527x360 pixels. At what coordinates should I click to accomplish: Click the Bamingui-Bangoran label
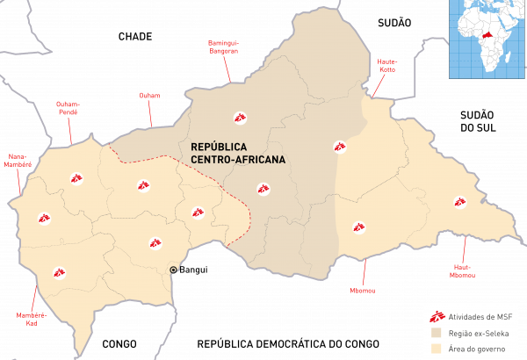click(x=224, y=46)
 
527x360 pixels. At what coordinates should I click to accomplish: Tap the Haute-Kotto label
click(x=387, y=66)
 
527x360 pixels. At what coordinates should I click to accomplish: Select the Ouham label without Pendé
click(x=149, y=95)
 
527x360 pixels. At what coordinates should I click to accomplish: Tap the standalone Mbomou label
click(x=362, y=290)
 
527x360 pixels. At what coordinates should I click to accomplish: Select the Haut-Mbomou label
click(x=464, y=270)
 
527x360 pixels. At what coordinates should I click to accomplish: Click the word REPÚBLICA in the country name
click(x=219, y=146)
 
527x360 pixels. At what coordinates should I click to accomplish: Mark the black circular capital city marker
click(x=174, y=270)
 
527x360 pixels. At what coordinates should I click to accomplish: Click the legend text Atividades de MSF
click(x=480, y=316)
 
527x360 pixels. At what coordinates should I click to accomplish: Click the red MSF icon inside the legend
click(x=432, y=316)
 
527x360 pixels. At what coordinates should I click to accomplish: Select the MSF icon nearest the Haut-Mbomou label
click(x=459, y=202)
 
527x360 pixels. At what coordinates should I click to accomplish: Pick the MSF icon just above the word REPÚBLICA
click(x=239, y=117)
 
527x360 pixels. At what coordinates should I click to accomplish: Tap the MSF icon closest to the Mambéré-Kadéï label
click(x=59, y=273)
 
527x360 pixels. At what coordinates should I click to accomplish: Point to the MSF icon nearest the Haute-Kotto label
click(x=339, y=147)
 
